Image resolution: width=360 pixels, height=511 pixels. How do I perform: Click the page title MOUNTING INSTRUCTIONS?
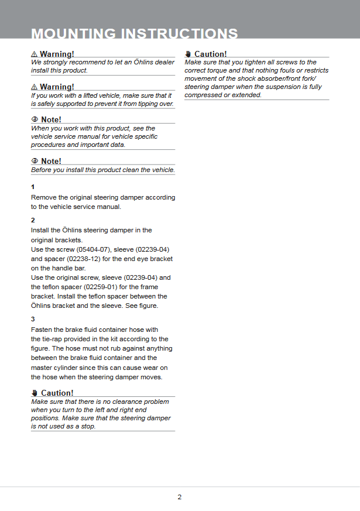pos(134,33)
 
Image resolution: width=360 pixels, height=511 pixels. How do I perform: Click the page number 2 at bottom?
pos(180,497)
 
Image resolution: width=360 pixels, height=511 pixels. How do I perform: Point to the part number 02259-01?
pos(105,287)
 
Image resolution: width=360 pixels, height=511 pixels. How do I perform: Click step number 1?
pos(33,187)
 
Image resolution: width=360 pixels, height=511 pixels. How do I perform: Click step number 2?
pos(33,220)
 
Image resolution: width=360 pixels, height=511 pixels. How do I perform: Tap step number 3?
pos(33,319)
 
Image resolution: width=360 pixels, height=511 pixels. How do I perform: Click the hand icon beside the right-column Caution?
pos(188,54)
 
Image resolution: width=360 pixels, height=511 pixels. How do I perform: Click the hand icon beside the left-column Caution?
pos(35,393)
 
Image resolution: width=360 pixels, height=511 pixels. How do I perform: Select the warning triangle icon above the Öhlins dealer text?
pos(34,54)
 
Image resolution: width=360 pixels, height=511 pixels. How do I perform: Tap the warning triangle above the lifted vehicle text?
pos(34,87)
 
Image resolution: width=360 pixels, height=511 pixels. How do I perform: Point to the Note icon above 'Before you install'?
pos(35,161)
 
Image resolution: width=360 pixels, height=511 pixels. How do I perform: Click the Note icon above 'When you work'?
pos(35,120)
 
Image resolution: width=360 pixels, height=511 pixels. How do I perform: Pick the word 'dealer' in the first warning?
pos(163,62)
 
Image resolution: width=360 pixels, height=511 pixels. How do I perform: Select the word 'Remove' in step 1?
pos(43,197)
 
